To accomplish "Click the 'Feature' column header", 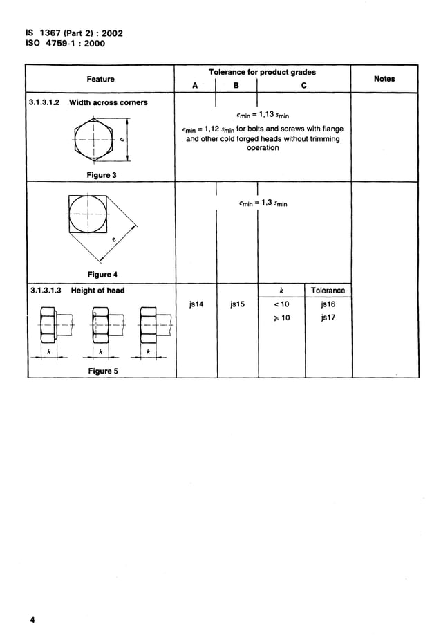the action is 101,80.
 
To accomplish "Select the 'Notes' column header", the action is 384,79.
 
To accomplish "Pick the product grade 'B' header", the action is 236,86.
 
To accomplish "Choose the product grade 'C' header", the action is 303,86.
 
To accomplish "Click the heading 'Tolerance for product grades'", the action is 262,72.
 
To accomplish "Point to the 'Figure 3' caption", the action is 101,175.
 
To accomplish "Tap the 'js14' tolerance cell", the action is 196,303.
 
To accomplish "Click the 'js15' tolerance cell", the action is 237,303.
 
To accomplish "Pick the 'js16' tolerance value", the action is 328,304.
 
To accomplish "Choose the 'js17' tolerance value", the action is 328,318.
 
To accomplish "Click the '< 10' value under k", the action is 280,304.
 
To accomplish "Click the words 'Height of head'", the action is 97,291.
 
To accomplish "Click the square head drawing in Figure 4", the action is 88,214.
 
